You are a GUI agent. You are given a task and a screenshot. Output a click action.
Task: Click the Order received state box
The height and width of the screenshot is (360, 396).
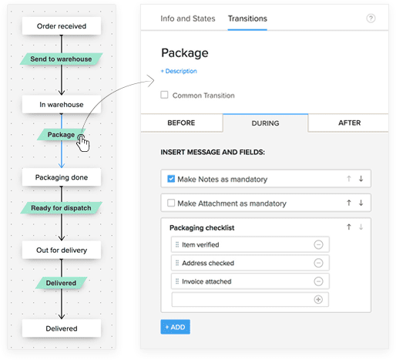[x=62, y=26]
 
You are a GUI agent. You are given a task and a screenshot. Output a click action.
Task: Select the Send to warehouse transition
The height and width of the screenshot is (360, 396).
[x=62, y=59]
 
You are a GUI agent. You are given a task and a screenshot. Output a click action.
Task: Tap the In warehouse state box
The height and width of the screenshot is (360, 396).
[x=62, y=104]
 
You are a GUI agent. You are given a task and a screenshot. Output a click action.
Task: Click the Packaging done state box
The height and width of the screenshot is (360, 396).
[x=62, y=177]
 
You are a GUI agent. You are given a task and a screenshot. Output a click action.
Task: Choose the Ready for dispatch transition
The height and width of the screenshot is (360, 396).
[x=62, y=208]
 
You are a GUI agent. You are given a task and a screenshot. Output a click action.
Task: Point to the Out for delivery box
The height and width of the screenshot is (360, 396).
[x=62, y=250]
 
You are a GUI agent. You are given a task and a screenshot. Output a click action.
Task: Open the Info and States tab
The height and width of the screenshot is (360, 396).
[x=188, y=19]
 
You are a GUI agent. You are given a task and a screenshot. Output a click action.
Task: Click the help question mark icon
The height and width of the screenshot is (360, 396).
[x=371, y=19]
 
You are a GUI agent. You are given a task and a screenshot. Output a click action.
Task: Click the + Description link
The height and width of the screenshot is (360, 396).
[x=179, y=71]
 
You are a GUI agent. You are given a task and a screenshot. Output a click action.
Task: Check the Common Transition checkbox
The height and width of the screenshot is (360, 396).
[x=164, y=95]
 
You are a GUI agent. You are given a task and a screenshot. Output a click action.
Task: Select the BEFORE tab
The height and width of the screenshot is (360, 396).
[x=181, y=123]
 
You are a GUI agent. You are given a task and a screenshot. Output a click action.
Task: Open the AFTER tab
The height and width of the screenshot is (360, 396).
[x=349, y=123]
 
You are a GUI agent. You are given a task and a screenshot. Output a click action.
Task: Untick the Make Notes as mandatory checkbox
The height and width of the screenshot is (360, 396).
[x=171, y=179]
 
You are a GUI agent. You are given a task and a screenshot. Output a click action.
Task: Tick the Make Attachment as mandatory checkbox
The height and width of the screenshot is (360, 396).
[x=171, y=203]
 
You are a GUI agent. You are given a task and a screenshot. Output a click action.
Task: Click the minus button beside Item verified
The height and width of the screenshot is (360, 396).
[x=318, y=244]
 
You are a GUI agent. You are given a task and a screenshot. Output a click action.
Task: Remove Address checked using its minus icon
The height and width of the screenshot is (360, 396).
[x=318, y=263]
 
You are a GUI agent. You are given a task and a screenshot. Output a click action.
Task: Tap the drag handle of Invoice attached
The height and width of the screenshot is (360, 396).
[x=177, y=281]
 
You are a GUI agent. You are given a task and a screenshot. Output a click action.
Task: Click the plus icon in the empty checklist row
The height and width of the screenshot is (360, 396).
[x=318, y=299]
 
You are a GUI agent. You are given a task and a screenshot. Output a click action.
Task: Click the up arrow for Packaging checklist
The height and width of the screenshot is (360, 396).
[x=349, y=227]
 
